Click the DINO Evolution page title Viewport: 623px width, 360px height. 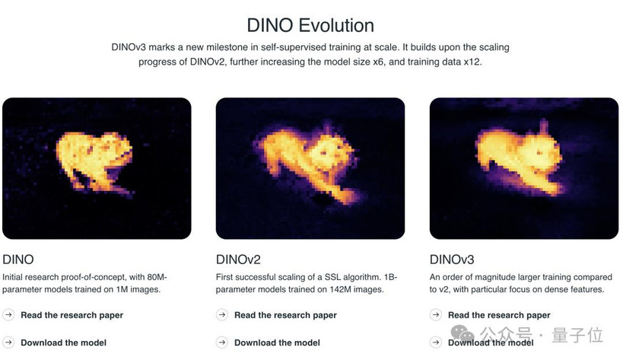pos(310,25)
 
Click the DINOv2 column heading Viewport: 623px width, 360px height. pos(238,260)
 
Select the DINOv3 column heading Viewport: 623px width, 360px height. pos(452,260)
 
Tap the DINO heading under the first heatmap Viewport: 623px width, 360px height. pos(18,260)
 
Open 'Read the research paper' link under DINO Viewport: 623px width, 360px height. pos(72,315)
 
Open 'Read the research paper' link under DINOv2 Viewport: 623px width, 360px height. pos(285,315)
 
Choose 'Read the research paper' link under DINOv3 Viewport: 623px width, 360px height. pos(499,315)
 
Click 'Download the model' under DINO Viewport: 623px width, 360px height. pos(64,342)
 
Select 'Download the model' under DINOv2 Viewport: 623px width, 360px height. pos(277,342)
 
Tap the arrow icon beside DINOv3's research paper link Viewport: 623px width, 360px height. pos(436,314)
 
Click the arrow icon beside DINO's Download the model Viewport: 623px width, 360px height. pos(8,342)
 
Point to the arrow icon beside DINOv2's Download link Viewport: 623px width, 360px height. pos(222,342)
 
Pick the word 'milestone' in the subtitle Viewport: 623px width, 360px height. pos(226,47)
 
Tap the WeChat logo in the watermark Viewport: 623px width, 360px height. pos(462,333)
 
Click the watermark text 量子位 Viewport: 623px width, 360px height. pos(577,335)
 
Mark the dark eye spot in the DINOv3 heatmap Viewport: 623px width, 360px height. pos(539,152)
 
